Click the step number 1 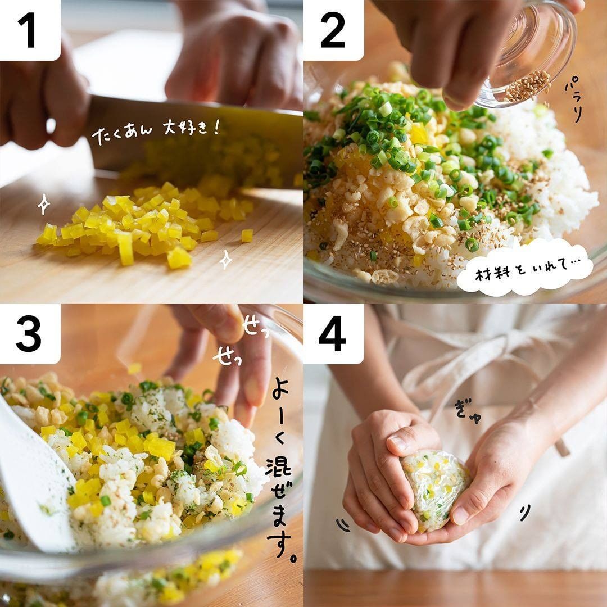(26, 30)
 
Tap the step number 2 (333, 30)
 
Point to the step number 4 (332, 334)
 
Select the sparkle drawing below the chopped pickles (226, 259)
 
